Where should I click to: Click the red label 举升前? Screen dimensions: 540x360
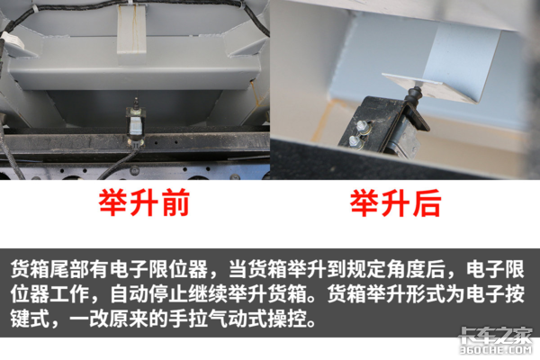pyautogui.click(x=144, y=202)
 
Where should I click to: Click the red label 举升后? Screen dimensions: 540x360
pyautogui.click(x=395, y=202)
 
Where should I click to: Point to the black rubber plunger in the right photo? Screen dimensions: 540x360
pyautogui.click(x=412, y=95)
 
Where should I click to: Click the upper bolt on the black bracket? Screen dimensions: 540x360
pyautogui.click(x=361, y=126)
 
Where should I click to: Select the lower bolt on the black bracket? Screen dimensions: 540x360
pyautogui.click(x=354, y=140)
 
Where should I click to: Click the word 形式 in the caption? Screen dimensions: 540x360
pyautogui.click(x=427, y=294)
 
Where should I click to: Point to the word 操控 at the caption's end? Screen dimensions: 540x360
pyautogui.click(x=287, y=319)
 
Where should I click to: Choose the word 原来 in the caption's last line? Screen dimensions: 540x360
pyautogui.click(x=129, y=319)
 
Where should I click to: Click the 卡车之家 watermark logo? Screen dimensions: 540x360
pyautogui.click(x=496, y=335)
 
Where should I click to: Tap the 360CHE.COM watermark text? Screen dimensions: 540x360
pyautogui.click(x=496, y=350)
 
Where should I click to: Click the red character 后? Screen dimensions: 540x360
pyautogui.click(x=427, y=202)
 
